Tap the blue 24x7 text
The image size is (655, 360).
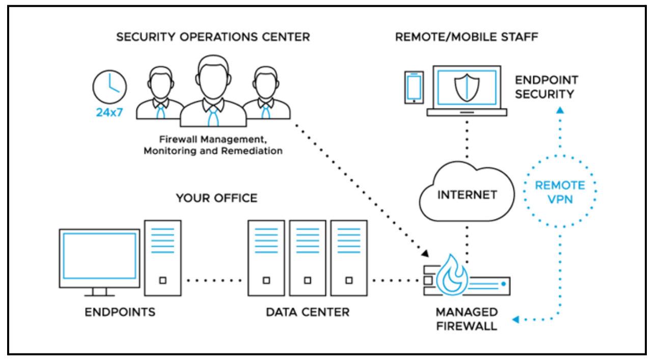(x=110, y=113)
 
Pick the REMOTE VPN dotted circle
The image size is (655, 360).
(x=559, y=192)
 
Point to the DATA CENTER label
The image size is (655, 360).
(x=308, y=312)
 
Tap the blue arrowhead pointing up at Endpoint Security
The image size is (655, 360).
(x=559, y=109)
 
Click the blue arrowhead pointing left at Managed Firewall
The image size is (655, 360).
(x=515, y=319)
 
